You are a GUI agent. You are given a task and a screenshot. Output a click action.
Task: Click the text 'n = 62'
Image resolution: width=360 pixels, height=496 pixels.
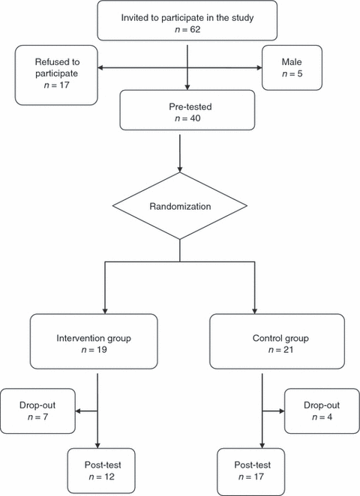tap(187, 29)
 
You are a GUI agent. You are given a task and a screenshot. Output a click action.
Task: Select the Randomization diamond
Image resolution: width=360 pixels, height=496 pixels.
tap(180, 206)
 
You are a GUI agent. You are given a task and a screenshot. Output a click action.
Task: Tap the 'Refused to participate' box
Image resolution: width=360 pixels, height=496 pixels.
tap(56, 75)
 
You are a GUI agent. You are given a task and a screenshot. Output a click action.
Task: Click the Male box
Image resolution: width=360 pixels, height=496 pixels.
tap(292, 67)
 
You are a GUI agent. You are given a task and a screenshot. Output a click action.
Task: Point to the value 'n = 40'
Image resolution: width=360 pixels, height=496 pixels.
tap(187, 118)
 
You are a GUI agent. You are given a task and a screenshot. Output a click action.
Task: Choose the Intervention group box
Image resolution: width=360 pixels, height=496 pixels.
tap(94, 342)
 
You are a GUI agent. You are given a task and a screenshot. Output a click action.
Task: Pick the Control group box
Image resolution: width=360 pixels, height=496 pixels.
tap(277, 342)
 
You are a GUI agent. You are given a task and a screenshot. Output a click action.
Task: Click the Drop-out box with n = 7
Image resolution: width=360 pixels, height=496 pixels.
tap(37, 411)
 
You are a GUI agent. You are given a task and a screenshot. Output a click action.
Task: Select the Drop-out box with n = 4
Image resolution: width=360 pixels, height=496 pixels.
tap(322, 411)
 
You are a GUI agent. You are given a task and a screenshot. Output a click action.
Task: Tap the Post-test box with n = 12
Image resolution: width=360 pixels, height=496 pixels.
tap(101, 471)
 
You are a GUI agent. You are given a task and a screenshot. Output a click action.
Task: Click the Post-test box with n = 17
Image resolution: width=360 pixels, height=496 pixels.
tap(251, 471)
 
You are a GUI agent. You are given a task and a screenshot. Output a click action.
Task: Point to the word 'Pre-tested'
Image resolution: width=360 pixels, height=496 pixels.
tap(190, 106)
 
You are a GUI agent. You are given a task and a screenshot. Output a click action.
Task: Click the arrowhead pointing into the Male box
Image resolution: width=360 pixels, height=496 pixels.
tap(259, 67)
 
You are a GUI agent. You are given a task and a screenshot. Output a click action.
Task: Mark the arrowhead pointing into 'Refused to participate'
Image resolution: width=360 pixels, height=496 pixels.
tap(100, 67)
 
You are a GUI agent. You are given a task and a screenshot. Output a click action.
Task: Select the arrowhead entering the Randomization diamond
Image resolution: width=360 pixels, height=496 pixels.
tap(180, 169)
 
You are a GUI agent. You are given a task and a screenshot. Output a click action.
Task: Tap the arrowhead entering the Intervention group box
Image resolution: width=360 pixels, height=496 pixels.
tap(105, 311)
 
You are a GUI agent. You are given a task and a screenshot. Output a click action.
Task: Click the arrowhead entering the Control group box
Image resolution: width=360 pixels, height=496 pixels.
tap(254, 311)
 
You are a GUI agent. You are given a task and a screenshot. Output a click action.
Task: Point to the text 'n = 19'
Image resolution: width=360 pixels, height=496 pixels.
tap(94, 350)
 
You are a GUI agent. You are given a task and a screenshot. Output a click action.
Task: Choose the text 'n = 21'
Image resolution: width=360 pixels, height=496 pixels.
tap(280, 350)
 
